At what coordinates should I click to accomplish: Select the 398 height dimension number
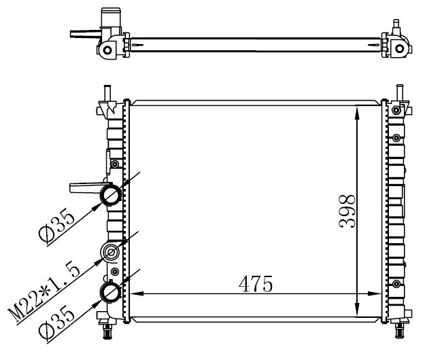click(x=347, y=211)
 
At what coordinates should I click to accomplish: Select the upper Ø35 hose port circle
click(x=110, y=196)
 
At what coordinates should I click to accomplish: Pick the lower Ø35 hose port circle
click(x=110, y=293)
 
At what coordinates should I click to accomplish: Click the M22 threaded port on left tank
click(x=110, y=254)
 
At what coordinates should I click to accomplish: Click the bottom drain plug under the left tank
click(x=106, y=331)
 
